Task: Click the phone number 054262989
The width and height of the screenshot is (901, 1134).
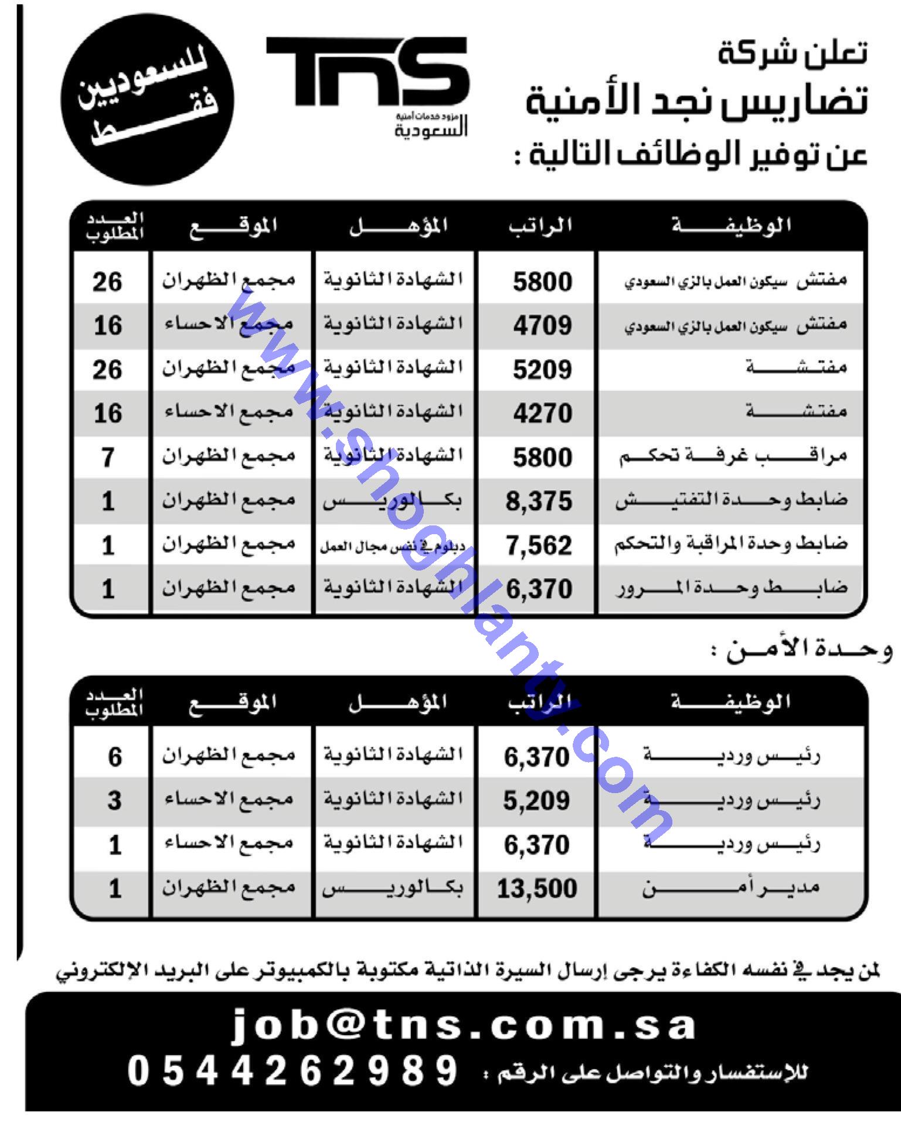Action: click(292, 1071)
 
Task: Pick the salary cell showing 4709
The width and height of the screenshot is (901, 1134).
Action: click(542, 326)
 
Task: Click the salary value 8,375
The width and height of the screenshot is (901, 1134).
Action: click(539, 501)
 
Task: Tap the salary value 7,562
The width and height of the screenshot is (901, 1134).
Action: click(539, 545)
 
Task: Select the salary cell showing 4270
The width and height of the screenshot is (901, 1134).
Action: click(542, 414)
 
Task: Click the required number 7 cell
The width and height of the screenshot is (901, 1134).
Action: click(108, 457)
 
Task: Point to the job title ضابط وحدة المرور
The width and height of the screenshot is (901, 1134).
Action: click(731, 589)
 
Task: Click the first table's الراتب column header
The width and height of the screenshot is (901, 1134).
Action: click(540, 226)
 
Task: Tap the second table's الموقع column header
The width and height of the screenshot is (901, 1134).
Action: click(232, 702)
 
